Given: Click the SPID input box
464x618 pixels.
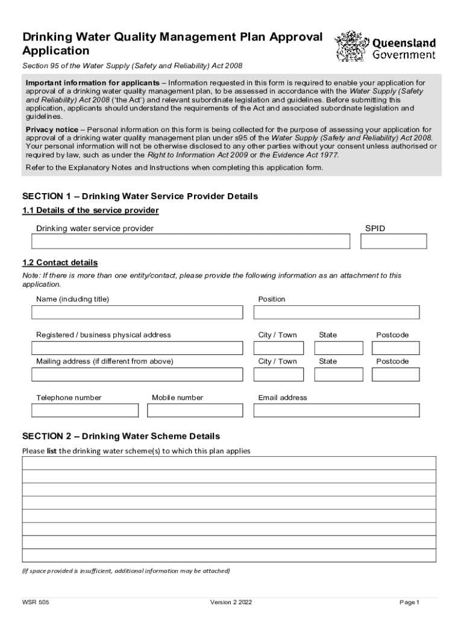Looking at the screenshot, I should coord(393,241).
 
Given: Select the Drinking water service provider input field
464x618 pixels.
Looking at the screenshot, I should coord(190,241).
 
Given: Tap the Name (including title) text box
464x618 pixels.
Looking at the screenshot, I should coord(137,312).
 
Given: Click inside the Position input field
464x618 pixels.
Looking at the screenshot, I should coord(336,312).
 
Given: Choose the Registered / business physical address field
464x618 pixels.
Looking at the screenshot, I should coord(137,348).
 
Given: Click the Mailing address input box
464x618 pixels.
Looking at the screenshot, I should coord(137,374).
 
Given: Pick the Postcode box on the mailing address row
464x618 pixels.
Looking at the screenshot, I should coord(395,374).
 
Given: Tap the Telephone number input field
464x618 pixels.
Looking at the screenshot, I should coord(85,410).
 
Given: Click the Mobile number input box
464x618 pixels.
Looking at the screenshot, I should coord(195,410).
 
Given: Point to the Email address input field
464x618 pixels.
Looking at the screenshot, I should coord(336,410).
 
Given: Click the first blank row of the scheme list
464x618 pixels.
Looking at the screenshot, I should coord(229,463).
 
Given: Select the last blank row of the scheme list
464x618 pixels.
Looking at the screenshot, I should coord(229,555).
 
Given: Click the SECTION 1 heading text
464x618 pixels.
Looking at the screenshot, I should coord(140,197).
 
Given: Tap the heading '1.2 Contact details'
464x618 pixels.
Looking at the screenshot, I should coord(60,263).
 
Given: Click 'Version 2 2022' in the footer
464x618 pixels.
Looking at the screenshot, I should coord(231,602).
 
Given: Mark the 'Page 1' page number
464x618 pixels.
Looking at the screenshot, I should coord(409,602).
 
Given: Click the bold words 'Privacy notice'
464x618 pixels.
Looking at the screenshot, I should coord(51,130).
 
